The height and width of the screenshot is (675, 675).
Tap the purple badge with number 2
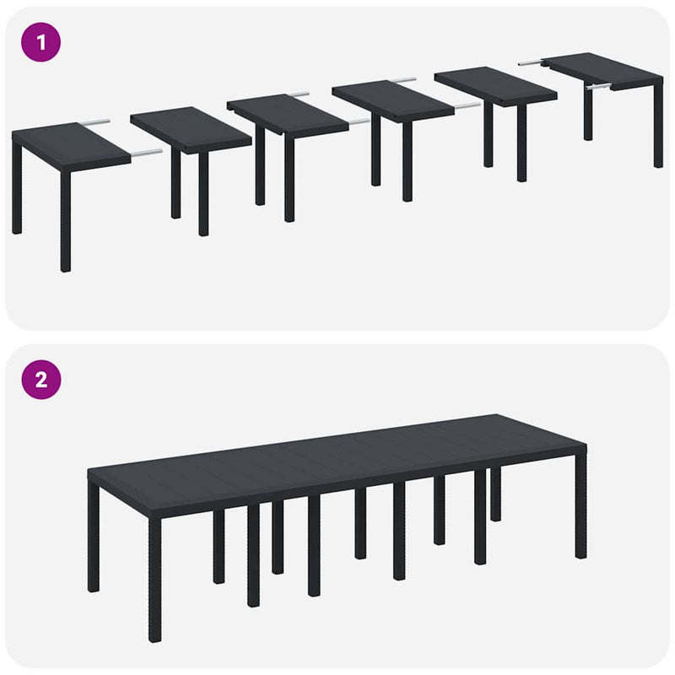click(40, 379)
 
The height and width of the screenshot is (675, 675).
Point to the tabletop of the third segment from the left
click(287, 115)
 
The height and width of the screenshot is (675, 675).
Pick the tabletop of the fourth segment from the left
click(392, 100)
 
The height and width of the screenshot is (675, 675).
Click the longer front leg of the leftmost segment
click(66, 219)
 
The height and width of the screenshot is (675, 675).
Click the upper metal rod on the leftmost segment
click(94, 122)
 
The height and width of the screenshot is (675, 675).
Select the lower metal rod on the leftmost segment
click(145, 153)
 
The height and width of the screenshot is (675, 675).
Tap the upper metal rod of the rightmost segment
click(530, 61)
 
